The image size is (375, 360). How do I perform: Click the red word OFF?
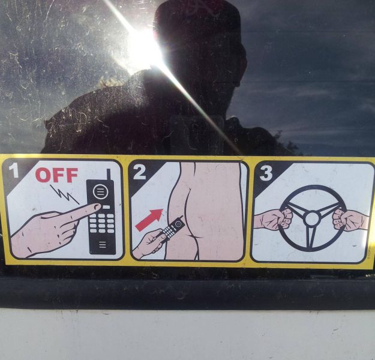click(56, 175)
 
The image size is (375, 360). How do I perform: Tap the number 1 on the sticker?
click(13, 172)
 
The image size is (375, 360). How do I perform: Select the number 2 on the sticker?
click(139, 173)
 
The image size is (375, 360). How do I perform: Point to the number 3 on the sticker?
click(266, 173)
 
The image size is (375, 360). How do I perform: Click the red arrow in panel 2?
click(147, 219)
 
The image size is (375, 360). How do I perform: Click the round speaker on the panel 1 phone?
click(100, 193)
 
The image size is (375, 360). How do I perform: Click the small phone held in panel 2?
click(174, 227)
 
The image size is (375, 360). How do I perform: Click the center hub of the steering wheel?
click(311, 218)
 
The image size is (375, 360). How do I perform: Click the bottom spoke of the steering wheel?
click(311, 238)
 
